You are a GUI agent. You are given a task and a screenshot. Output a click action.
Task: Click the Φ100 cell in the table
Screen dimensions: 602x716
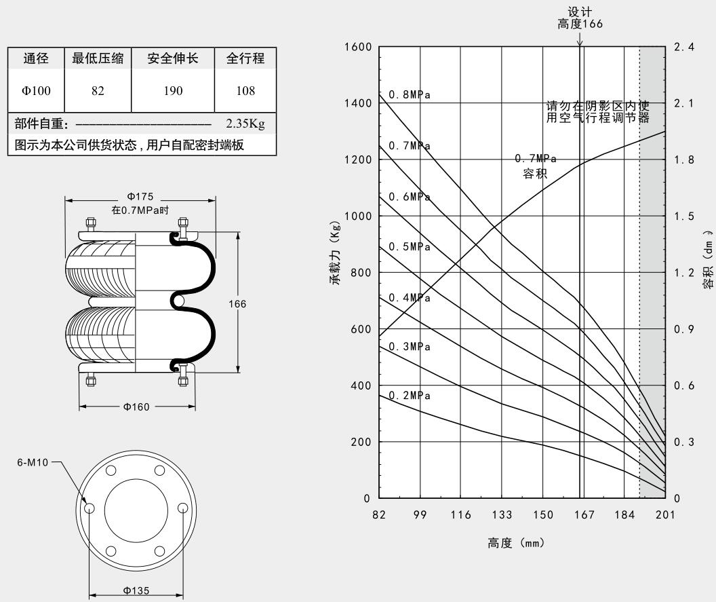tap(36, 90)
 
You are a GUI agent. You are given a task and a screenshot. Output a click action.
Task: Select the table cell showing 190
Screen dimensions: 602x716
tap(173, 90)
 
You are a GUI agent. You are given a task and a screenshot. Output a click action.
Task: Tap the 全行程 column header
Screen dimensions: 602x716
tap(245, 58)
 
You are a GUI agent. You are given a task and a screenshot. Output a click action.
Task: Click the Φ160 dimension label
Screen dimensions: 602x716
tap(137, 407)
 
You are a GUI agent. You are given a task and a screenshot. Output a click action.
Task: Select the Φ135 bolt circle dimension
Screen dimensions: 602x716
tap(137, 590)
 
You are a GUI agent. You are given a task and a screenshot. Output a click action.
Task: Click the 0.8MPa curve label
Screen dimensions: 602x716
tap(410, 95)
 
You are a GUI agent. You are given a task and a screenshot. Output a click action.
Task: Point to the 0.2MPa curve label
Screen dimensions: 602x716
tap(410, 396)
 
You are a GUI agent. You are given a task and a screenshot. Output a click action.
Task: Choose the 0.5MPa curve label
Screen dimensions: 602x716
tap(410, 246)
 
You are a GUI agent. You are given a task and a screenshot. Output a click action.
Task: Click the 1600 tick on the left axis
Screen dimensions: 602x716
tap(357, 47)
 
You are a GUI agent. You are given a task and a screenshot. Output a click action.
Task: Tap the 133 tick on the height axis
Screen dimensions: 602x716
tap(502, 515)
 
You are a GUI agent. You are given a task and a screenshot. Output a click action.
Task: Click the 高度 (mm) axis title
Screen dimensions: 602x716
tap(516, 544)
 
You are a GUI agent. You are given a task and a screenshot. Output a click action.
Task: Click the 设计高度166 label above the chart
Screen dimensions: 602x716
tap(579, 18)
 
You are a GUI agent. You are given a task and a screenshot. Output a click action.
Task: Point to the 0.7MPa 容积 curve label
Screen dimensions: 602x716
tap(536, 166)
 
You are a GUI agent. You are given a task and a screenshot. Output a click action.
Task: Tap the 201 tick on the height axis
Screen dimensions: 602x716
tap(665, 515)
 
